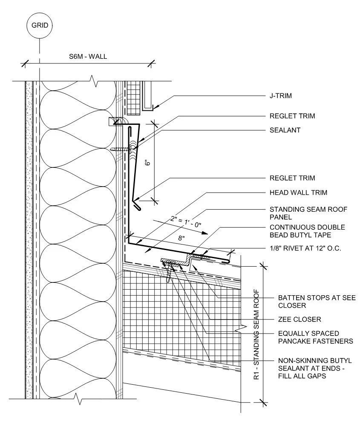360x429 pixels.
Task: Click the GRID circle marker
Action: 40,25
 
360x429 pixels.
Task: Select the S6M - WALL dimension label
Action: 88,57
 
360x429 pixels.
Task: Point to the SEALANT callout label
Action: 285,130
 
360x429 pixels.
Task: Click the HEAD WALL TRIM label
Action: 298,193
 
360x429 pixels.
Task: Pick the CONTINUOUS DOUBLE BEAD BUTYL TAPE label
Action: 307,231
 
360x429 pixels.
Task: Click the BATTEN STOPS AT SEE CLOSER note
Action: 317,301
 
